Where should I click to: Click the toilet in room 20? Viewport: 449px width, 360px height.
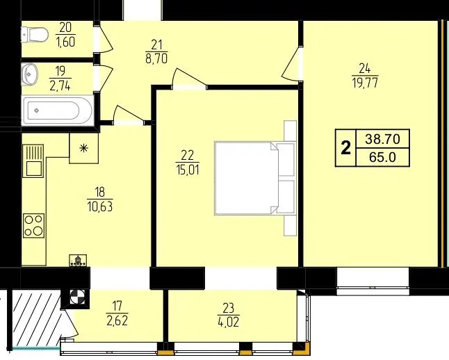coord(34,35)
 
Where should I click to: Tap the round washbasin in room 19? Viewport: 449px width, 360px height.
coord(29,74)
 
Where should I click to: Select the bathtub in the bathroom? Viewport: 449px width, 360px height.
coord(58,111)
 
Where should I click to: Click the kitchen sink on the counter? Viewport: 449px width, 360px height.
coord(33,161)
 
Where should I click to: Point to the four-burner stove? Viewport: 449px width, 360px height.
coord(34,226)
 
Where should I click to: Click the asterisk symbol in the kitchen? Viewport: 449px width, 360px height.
coord(83,148)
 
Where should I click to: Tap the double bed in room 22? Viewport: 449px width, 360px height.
coord(255,178)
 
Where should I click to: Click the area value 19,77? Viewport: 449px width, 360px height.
coord(365,83)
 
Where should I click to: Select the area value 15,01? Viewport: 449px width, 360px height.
coord(188,170)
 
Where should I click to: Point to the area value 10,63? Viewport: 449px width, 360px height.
coord(100,206)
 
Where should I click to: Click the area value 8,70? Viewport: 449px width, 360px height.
coord(156,58)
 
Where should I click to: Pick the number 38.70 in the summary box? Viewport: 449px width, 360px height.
coord(382,139)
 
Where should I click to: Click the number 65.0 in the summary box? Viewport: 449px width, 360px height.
coord(382,157)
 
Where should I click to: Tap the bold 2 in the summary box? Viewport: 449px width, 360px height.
coord(346,148)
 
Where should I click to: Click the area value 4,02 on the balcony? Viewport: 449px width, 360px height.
coord(228,322)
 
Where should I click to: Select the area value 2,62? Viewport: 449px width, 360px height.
coord(117,320)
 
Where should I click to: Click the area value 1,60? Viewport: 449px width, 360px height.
coord(66,42)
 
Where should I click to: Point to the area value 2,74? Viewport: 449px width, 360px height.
coord(60,85)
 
